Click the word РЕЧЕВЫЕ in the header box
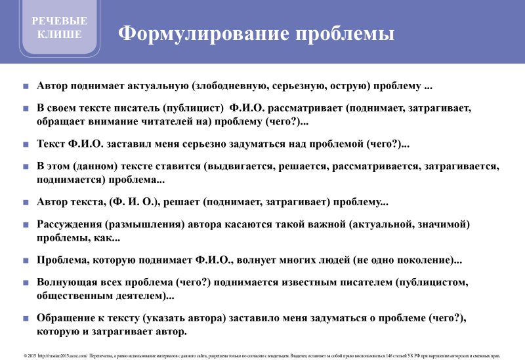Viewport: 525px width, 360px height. coord(59,21)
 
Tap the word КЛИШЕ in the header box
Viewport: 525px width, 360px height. coord(60,34)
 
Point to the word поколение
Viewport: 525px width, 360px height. coord(421,260)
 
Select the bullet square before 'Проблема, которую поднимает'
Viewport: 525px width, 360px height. coord(26,260)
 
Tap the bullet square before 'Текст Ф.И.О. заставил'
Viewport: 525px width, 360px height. coord(26,144)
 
